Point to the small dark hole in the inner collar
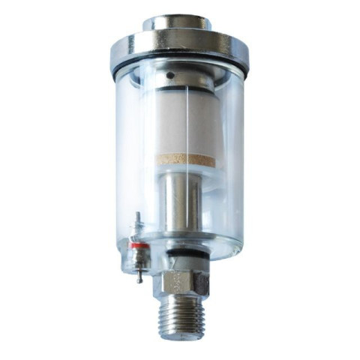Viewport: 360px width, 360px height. coord(170,76)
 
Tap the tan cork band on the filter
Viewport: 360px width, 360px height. coord(185,160)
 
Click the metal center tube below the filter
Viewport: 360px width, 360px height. coord(184,202)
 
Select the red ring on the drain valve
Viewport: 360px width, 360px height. coord(136,245)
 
